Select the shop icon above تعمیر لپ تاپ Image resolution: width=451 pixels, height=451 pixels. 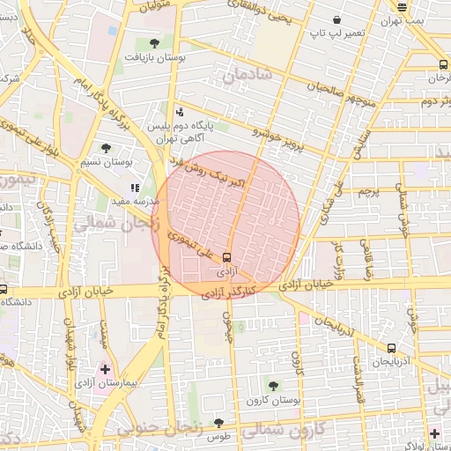coord(336,19)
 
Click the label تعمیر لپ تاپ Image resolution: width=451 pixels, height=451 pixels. coord(329,33)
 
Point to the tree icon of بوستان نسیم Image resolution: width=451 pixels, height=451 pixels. coord(107,148)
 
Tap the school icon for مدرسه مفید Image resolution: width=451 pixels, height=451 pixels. coord(135,188)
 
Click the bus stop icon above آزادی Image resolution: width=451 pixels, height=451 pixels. coord(227,258)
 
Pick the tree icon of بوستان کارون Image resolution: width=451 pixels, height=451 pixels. coord(271,386)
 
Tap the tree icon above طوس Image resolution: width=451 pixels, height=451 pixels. coord(218,423)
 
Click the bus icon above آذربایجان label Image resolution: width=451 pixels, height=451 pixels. coord(391,348)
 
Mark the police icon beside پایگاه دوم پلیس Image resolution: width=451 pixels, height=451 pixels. coord(180,112)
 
